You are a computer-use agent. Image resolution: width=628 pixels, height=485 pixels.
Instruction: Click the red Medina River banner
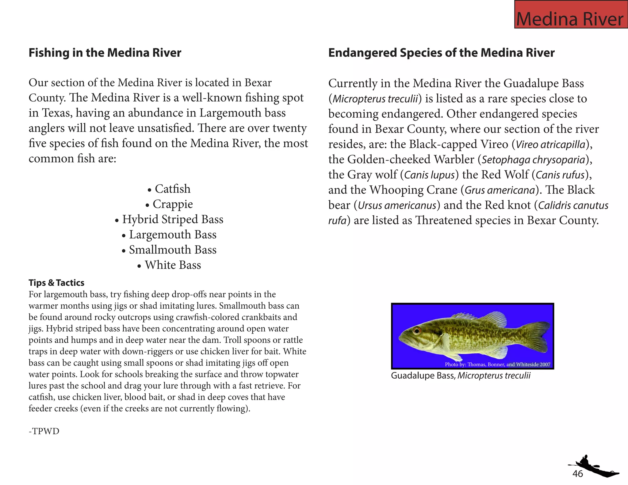(x=571, y=15)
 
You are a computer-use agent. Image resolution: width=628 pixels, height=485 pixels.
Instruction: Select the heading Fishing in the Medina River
(x=105, y=53)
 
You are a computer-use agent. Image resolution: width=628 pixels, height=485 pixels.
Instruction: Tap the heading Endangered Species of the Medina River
(x=441, y=53)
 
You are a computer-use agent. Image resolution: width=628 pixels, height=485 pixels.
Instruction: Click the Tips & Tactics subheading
(x=56, y=283)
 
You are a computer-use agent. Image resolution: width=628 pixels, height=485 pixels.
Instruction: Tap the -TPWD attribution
(x=44, y=431)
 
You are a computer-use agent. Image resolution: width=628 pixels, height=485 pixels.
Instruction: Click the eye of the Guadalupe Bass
(x=416, y=330)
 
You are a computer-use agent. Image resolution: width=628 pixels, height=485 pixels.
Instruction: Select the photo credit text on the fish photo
(x=497, y=365)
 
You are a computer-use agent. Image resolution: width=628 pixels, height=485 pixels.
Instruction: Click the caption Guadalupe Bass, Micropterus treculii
(x=461, y=376)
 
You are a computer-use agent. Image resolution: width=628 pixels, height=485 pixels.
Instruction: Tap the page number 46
(x=577, y=474)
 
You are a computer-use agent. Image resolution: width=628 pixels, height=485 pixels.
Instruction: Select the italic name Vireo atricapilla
(x=550, y=144)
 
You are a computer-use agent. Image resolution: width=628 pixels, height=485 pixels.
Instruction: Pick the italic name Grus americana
(x=500, y=190)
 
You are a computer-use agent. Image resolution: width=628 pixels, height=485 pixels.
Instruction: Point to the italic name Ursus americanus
(x=397, y=205)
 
